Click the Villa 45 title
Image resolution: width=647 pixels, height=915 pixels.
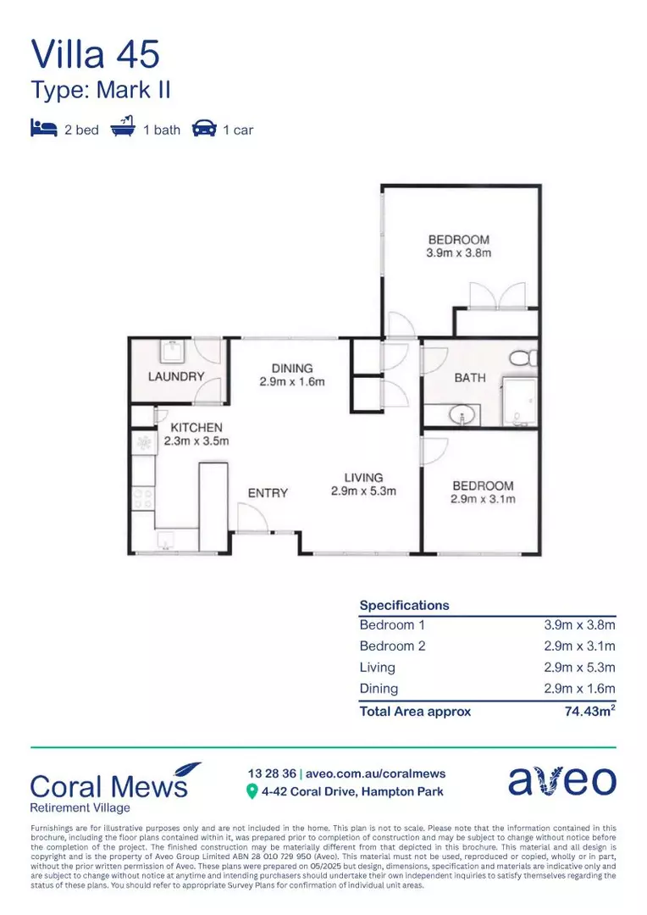(x=95, y=53)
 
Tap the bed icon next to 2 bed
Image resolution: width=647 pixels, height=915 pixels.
(x=43, y=129)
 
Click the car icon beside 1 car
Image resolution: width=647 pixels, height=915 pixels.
(x=204, y=129)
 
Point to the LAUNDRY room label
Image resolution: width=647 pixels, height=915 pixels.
(x=176, y=376)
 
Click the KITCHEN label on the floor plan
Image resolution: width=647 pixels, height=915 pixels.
(x=196, y=428)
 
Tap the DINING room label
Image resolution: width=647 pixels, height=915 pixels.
(x=292, y=369)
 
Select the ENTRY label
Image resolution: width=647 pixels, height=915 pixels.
(x=268, y=492)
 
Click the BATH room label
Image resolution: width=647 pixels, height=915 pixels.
(x=470, y=378)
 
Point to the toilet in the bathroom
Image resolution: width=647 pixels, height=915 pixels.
(x=526, y=356)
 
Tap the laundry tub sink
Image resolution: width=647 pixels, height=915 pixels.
(x=174, y=351)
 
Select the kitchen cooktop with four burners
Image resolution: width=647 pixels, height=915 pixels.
(x=143, y=497)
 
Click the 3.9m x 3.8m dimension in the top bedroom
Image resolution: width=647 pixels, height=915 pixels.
(x=458, y=252)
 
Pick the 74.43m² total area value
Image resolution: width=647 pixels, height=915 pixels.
(x=589, y=712)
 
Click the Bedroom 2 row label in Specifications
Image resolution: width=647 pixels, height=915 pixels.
(x=392, y=646)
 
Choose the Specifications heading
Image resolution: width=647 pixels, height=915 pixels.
(x=404, y=605)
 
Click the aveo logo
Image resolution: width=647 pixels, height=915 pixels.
(x=561, y=780)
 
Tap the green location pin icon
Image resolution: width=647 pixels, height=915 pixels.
(x=252, y=791)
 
